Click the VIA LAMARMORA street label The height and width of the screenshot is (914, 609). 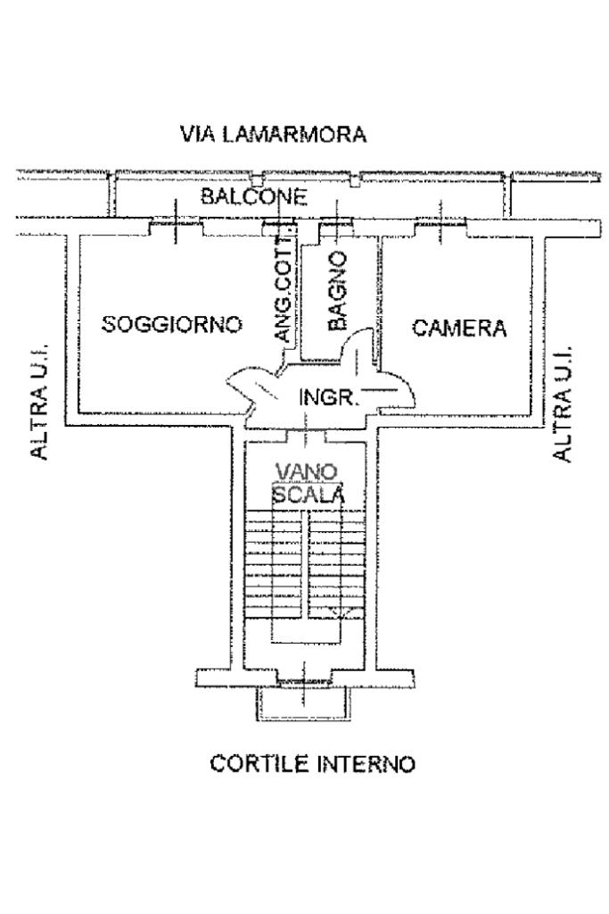tap(273, 135)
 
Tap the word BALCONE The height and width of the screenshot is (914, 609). tap(254, 196)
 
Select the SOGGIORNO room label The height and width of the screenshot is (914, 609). tap(171, 324)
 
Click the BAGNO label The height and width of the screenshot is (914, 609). tap(336, 291)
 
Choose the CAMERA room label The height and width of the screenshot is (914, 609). tap(458, 328)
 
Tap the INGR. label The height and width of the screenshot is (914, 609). tap(328, 397)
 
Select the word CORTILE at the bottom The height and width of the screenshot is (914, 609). tap(251, 765)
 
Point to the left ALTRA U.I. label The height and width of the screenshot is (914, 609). tap(39, 403)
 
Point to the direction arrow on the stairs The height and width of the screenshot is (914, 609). tap(337, 611)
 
